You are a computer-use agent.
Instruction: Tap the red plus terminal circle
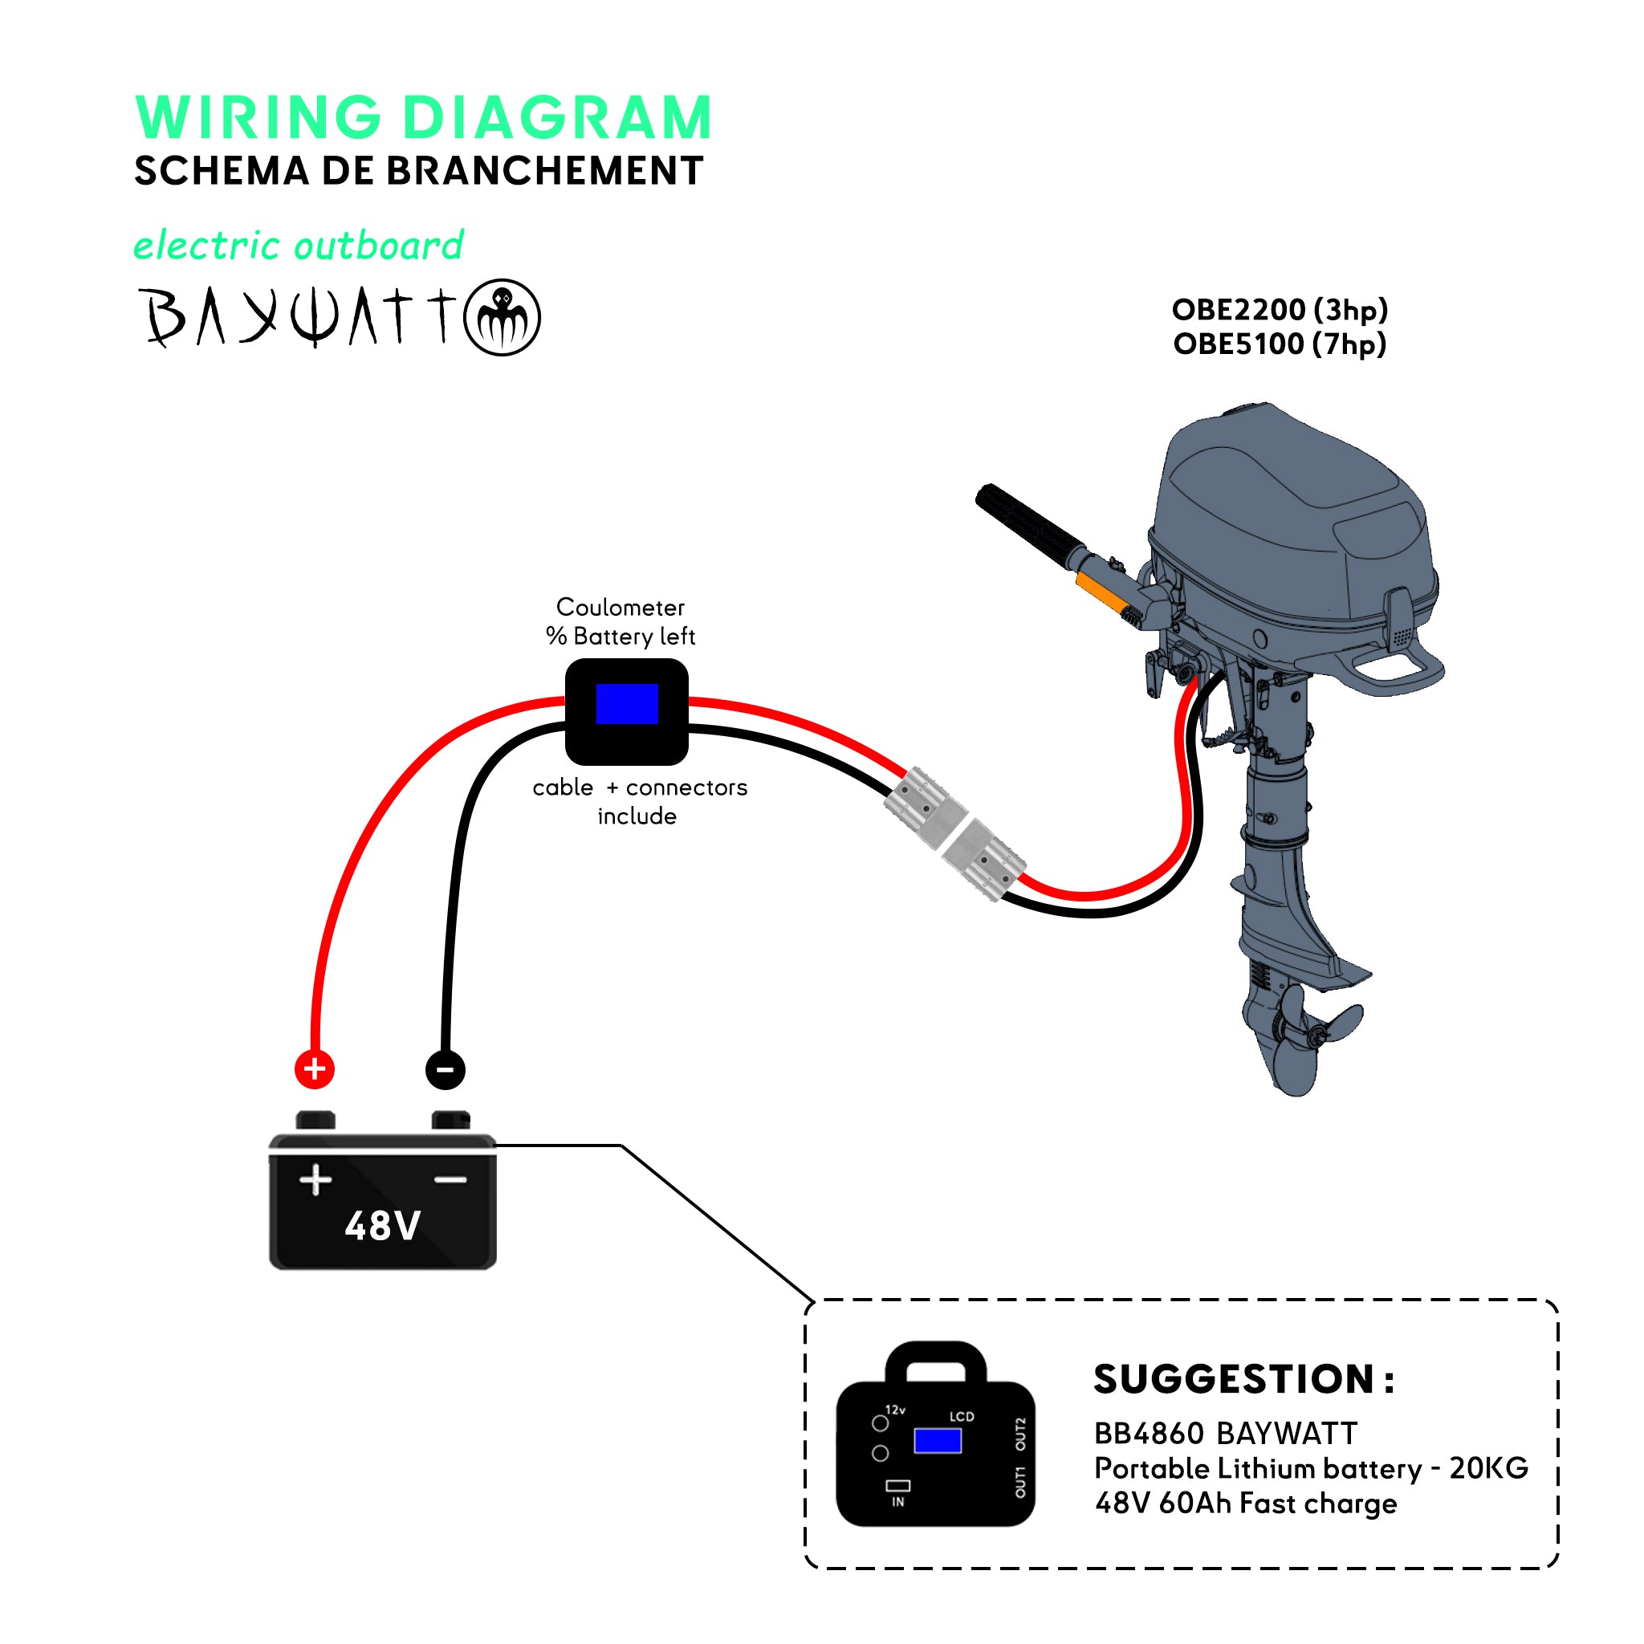(314, 1068)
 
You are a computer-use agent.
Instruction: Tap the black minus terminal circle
(444, 1068)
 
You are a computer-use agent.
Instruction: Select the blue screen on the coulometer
(626, 704)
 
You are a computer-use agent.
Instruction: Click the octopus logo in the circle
(502, 316)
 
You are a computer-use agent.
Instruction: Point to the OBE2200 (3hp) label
(1279, 310)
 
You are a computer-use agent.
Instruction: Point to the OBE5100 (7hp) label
(1279, 344)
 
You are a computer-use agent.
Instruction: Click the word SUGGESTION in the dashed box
(1233, 1379)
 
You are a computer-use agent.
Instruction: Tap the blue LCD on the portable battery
(937, 1441)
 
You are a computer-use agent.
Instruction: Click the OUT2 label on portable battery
(1020, 1434)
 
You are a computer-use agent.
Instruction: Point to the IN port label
(897, 1502)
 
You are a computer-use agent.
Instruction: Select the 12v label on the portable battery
(895, 1410)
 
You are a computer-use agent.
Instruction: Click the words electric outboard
(299, 245)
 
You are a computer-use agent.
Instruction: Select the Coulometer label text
(620, 607)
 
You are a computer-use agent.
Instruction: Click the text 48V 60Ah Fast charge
(1245, 1504)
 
